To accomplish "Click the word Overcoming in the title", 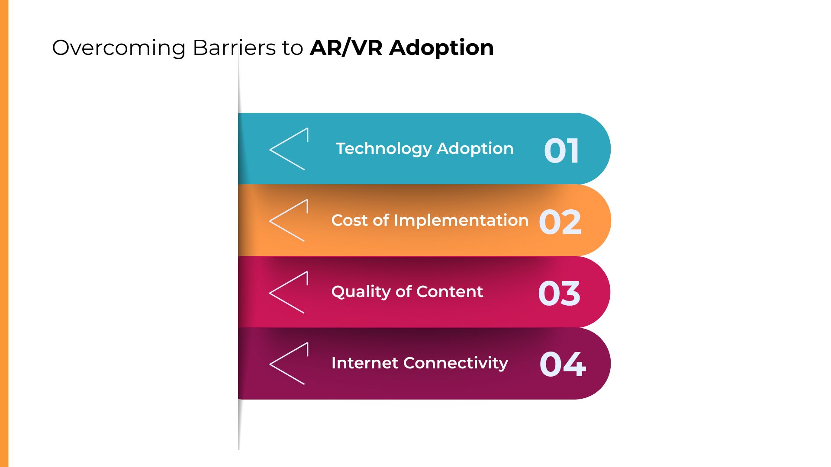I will (119, 48).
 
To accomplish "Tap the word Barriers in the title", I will (234, 48).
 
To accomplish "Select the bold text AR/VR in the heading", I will (346, 48).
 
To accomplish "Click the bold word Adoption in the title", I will (441, 48).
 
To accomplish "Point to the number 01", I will (561, 151).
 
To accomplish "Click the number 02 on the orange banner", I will (560, 222).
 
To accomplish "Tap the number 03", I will (559, 294).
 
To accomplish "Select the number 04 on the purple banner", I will (563, 364).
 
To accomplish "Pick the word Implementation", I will (461, 221).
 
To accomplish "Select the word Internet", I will (365, 363).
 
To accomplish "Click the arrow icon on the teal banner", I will (289, 149).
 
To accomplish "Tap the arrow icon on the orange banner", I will (289, 221).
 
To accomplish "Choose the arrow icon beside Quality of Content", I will (289, 292).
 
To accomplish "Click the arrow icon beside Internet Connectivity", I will (289, 364).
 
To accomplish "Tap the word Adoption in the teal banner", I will (475, 149).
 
